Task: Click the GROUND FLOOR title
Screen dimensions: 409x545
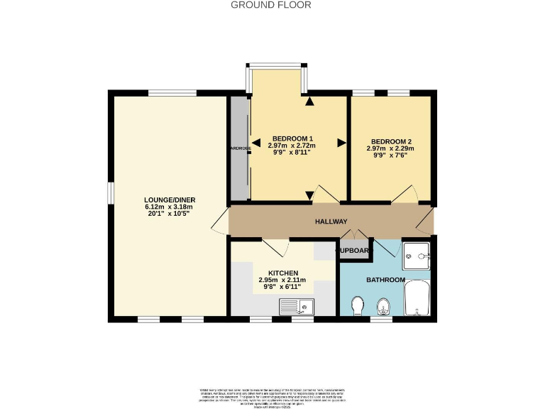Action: tap(271, 5)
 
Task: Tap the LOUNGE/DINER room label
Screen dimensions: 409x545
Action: tap(170, 200)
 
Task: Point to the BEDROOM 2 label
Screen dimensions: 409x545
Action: tap(390, 141)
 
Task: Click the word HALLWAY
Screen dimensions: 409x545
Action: tap(331, 222)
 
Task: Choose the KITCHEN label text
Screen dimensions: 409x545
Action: tap(282, 273)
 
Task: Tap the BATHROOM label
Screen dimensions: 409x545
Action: tap(385, 280)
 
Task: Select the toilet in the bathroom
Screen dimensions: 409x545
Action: tap(359, 305)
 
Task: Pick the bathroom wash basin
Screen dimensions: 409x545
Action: tap(383, 306)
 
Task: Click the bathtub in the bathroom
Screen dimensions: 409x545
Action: tap(417, 298)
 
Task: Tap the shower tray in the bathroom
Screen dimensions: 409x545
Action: tap(417, 254)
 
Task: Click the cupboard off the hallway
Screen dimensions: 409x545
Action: tap(352, 251)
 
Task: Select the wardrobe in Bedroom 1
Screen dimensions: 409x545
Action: tap(239, 148)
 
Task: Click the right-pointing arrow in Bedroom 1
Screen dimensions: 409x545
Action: tap(341, 143)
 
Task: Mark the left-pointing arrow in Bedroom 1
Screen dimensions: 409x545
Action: tap(256, 143)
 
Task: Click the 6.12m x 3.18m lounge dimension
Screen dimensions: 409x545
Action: tap(170, 207)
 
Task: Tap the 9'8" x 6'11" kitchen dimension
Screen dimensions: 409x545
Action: tap(282, 287)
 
